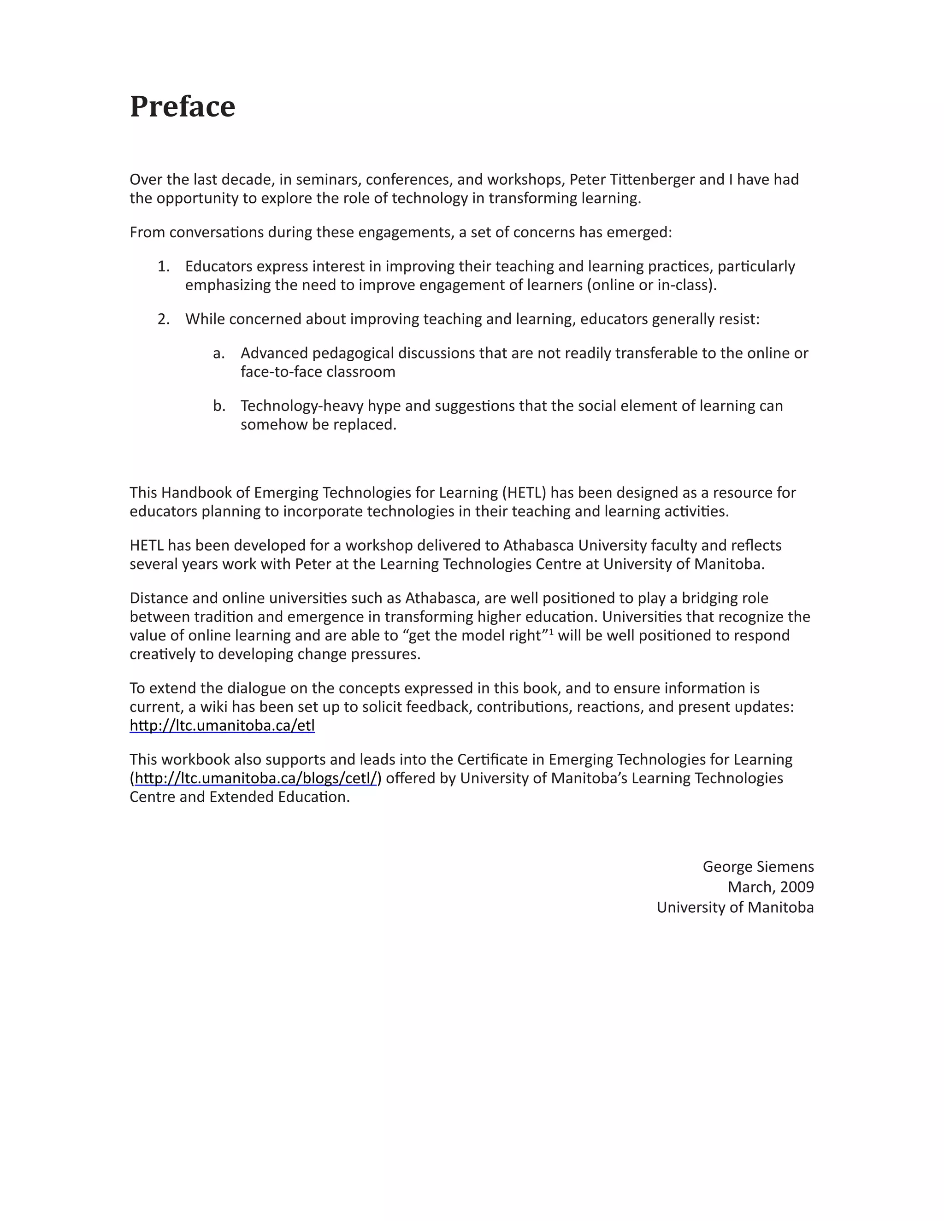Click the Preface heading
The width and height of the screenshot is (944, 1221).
point(183,106)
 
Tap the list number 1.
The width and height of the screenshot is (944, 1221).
point(163,267)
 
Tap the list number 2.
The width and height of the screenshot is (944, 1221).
point(163,319)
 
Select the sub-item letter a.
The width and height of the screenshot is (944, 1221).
point(218,353)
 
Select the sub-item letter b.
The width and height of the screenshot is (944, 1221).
point(218,406)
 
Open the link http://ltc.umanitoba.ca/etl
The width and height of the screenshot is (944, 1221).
point(222,726)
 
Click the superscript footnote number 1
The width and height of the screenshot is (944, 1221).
point(551,632)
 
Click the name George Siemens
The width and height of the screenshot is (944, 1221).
point(758,867)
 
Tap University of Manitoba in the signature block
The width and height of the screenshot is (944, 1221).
point(735,907)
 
